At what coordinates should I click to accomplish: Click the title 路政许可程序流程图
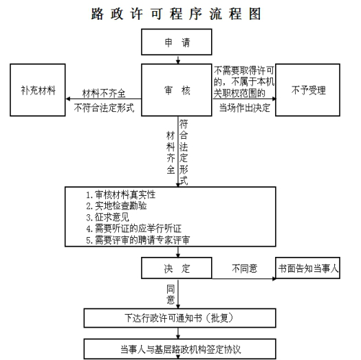pyautogui.click(x=176, y=14)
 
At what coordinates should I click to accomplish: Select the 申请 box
pyautogui.click(x=177, y=42)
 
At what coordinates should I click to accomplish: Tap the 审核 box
pyautogui.click(x=177, y=90)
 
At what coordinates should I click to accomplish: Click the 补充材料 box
pyautogui.click(x=38, y=90)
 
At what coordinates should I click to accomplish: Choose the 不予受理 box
pyautogui.click(x=307, y=90)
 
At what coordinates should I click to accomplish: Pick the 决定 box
pyautogui.click(x=177, y=268)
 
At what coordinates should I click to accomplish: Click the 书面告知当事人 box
pyautogui.click(x=307, y=268)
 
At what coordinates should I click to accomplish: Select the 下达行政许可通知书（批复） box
pyautogui.click(x=179, y=318)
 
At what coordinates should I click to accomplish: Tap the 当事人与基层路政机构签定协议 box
pyautogui.click(x=179, y=349)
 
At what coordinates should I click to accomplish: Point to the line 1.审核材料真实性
pyautogui.click(x=121, y=195)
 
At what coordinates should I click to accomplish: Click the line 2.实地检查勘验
pyautogui.click(x=116, y=206)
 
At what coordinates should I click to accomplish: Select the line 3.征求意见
pyautogui.click(x=107, y=217)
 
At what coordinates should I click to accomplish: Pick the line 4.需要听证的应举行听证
pyautogui.click(x=134, y=229)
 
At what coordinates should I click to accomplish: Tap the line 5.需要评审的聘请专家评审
pyautogui.click(x=138, y=240)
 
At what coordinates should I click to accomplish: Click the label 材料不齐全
pyautogui.click(x=104, y=93)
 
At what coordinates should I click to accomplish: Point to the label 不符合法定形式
pyautogui.click(x=104, y=108)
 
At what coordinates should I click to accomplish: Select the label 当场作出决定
pyautogui.click(x=245, y=108)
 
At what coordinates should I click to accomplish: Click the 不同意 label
pyautogui.click(x=245, y=269)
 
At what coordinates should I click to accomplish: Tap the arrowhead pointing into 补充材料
pyautogui.click(x=68, y=99)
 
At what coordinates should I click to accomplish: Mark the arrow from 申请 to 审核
pyautogui.click(x=177, y=59)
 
